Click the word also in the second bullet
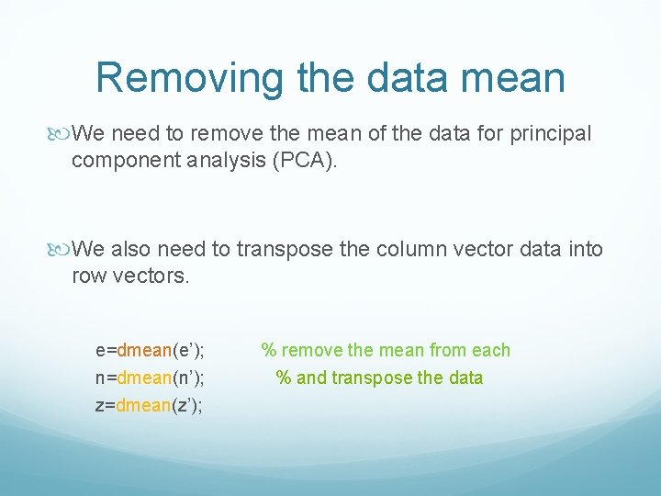point(129,249)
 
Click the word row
point(88,276)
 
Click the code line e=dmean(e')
point(150,350)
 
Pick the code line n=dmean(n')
point(150,378)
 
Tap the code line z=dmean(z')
point(150,405)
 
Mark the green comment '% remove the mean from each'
point(386,350)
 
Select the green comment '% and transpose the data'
point(380,378)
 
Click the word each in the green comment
point(490,350)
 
